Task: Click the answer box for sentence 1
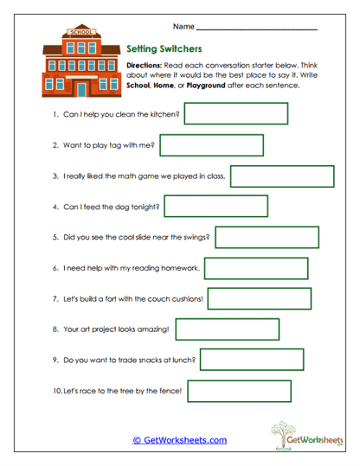[x=235, y=113]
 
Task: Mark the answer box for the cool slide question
[x=266, y=237]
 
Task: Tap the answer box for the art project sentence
[x=228, y=329]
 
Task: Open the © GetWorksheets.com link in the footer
[x=180, y=440]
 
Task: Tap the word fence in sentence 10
[x=170, y=392]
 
